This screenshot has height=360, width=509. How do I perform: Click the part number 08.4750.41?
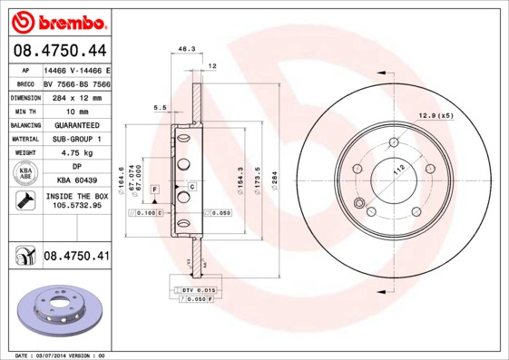75,257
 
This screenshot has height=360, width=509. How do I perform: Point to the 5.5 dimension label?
161,108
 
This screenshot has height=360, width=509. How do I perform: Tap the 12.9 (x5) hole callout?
435,114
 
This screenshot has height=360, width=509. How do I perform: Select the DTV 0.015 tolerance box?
194,288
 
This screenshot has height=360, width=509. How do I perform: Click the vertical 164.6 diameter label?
122,176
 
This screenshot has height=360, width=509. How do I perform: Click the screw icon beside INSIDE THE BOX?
22,200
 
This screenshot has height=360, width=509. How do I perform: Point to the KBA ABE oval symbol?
24,174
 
